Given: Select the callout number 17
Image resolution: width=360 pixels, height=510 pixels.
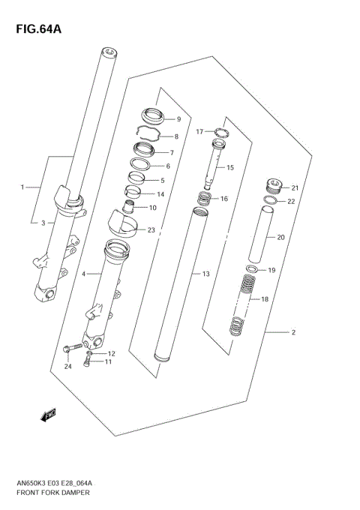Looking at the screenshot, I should tap(200, 132).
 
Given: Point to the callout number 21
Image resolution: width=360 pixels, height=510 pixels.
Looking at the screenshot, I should tap(295, 187).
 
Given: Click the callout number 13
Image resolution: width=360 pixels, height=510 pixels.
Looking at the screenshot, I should tap(206, 274).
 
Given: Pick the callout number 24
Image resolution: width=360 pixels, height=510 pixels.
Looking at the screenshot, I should tap(67, 367).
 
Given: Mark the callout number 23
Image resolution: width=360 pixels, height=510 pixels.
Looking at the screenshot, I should tap(151, 230).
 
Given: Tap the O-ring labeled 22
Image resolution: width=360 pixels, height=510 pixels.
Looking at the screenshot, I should tap(272, 200).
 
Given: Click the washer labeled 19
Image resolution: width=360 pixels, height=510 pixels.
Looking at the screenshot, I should tap(253, 269).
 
